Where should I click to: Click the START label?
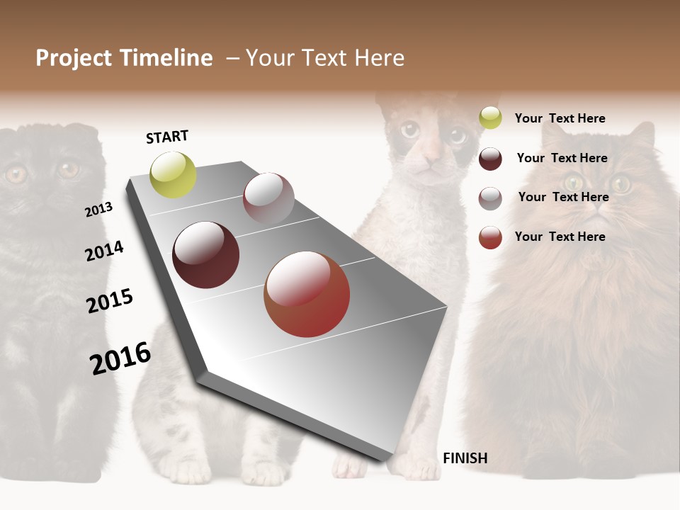[x=167, y=137]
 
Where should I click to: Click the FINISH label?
[x=465, y=458]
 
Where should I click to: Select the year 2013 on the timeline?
[x=98, y=210]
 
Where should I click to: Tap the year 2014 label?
[x=104, y=251]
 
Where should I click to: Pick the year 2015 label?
[x=110, y=301]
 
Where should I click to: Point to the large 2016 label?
[x=120, y=358]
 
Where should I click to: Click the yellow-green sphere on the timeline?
[x=173, y=175]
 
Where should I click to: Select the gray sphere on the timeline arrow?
[x=268, y=198]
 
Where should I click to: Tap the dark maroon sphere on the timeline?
[x=205, y=255]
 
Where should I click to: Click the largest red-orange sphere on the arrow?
[x=307, y=294]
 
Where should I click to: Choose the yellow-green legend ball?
[x=490, y=118]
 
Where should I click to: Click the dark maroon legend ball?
[x=490, y=159]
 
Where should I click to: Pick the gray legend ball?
[x=490, y=198]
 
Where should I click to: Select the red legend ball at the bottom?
[x=490, y=237]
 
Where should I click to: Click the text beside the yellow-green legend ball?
[x=560, y=118]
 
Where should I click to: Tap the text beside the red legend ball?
[x=560, y=237]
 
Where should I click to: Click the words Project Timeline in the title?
[x=124, y=58]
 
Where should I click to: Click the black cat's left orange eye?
[x=16, y=174]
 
